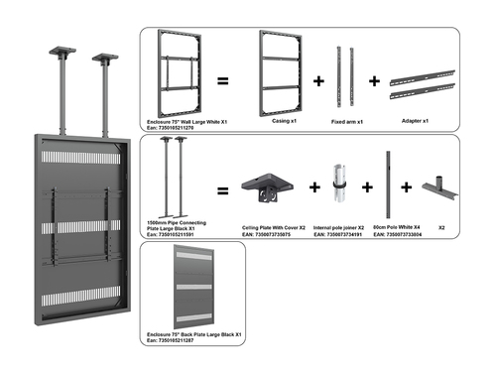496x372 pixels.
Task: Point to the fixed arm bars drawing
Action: tap(344, 74)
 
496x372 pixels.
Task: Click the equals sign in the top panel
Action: tap(224, 80)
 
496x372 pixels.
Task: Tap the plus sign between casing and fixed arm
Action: tap(318, 80)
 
